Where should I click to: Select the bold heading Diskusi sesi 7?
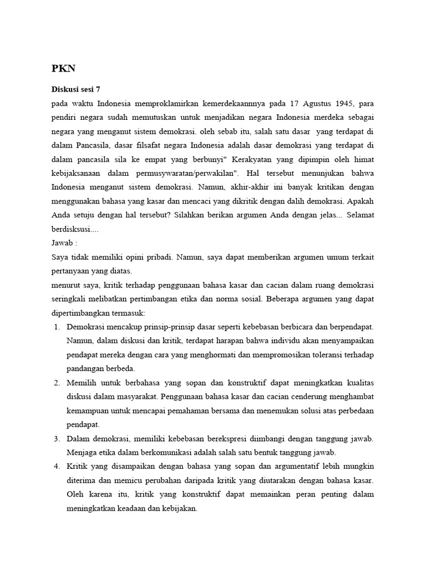click(75, 89)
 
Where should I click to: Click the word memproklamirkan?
click(161, 104)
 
